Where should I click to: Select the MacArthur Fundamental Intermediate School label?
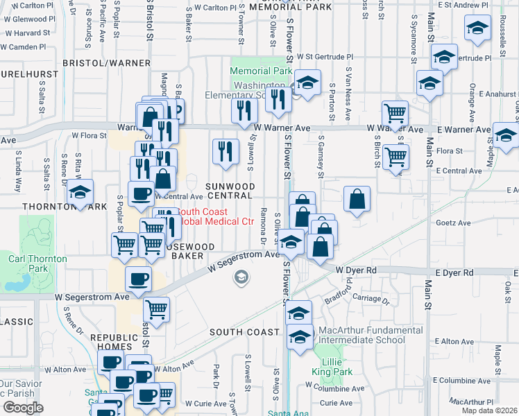[x=371, y=335]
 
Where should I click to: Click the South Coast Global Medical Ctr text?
[x=216, y=217]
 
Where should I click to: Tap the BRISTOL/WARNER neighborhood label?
[x=105, y=62]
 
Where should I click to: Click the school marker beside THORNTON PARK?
[x=80, y=191]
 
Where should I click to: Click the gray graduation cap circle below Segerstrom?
[x=241, y=278]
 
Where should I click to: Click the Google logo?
[x=23, y=408]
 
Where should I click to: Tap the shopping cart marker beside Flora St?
[x=395, y=156]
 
